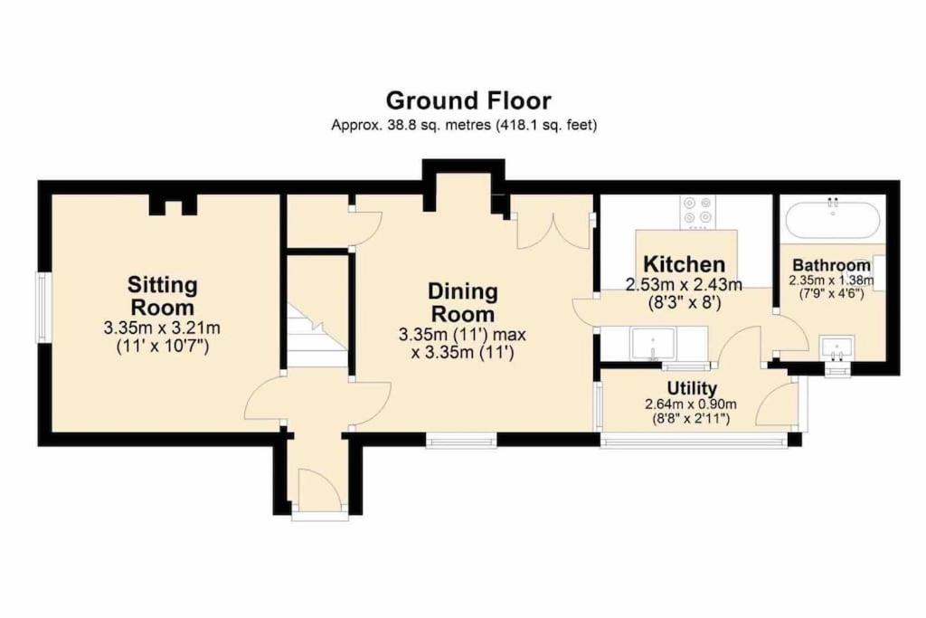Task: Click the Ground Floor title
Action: (468, 100)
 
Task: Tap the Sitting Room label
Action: (163, 296)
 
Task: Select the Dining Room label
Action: (463, 302)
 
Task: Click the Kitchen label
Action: (684, 263)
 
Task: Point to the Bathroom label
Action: (832, 265)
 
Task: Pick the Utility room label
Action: (692, 388)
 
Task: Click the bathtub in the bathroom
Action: (833, 219)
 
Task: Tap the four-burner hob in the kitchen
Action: (697, 212)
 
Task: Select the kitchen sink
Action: (653, 345)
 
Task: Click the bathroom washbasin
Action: (836, 347)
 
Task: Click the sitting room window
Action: (42, 307)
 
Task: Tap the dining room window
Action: (461, 439)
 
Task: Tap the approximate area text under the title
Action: (464, 125)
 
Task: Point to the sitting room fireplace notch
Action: (173, 205)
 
